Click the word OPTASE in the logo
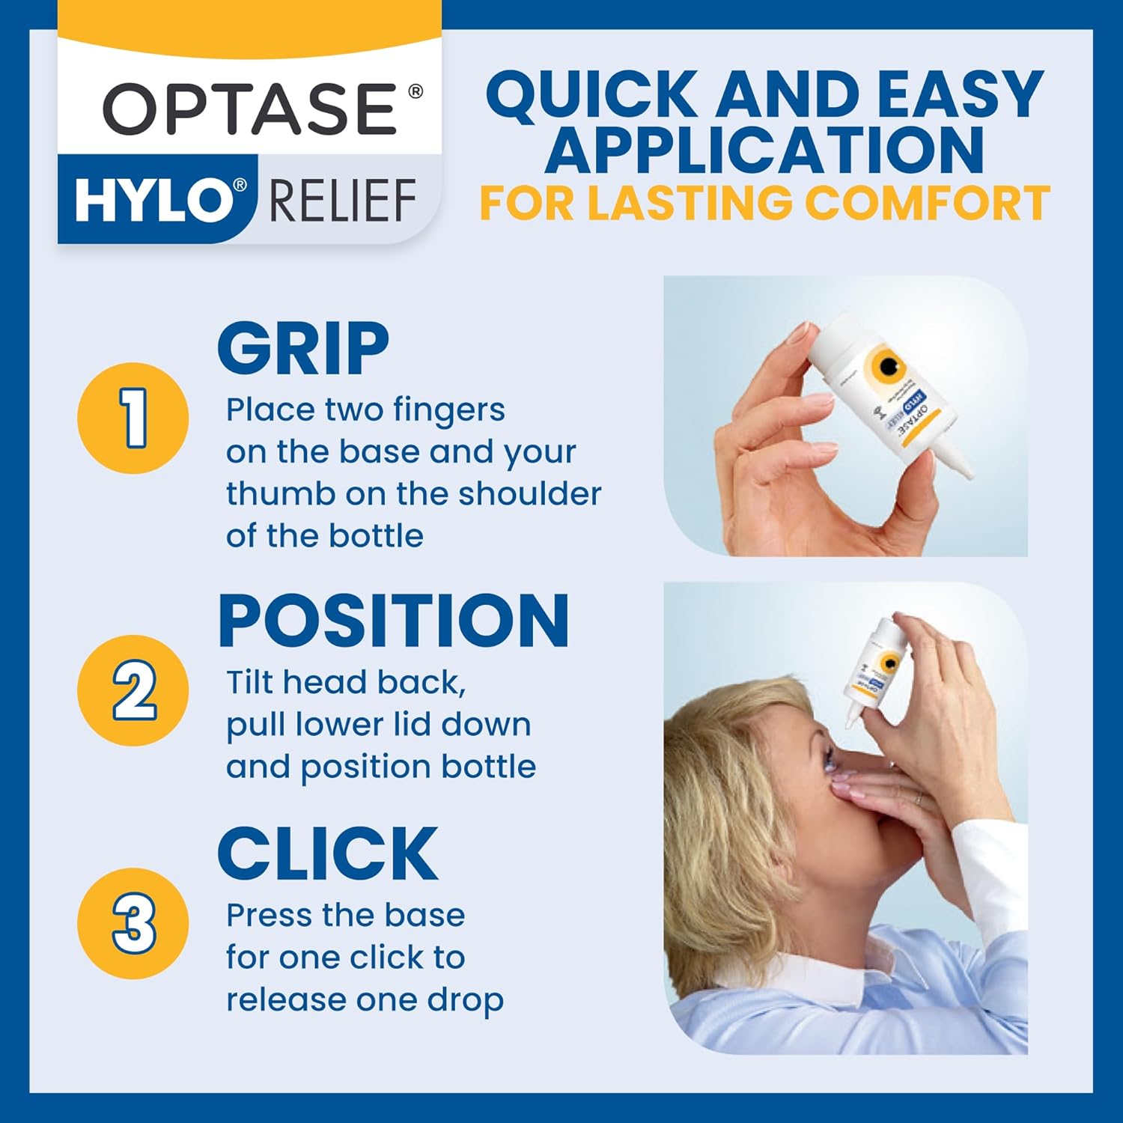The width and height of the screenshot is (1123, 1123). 251,109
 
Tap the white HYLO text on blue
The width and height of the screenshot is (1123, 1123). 153,201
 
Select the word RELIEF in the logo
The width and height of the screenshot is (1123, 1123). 342,201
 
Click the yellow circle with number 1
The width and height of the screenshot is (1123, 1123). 133,418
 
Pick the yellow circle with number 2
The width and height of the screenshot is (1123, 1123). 133,690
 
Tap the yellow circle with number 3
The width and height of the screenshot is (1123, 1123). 133,923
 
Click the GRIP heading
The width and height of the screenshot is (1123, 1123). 303,348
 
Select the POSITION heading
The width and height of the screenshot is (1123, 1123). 394,621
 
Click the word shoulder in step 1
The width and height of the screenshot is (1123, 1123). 529,494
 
